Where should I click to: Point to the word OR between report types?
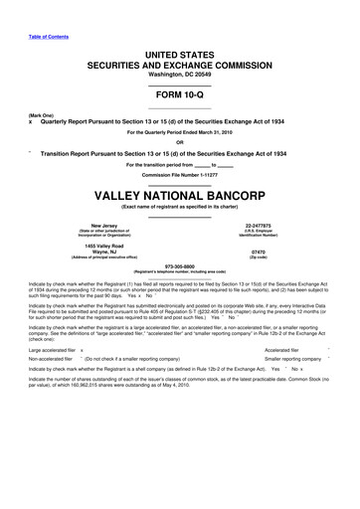click(179, 140)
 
